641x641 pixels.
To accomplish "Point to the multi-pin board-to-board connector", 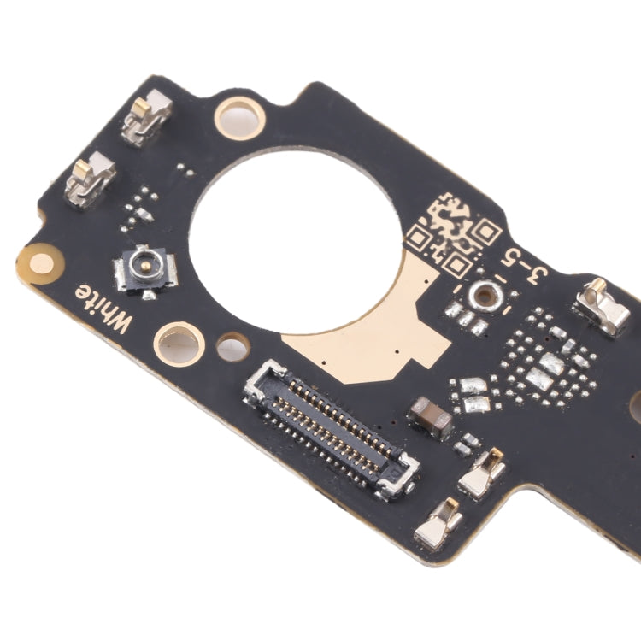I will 331,428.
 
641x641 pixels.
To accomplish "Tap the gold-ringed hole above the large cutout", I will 239,116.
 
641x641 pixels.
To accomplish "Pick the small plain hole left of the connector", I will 232,348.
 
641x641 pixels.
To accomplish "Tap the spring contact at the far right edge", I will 603,309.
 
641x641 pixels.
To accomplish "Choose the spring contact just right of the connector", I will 482,473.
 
